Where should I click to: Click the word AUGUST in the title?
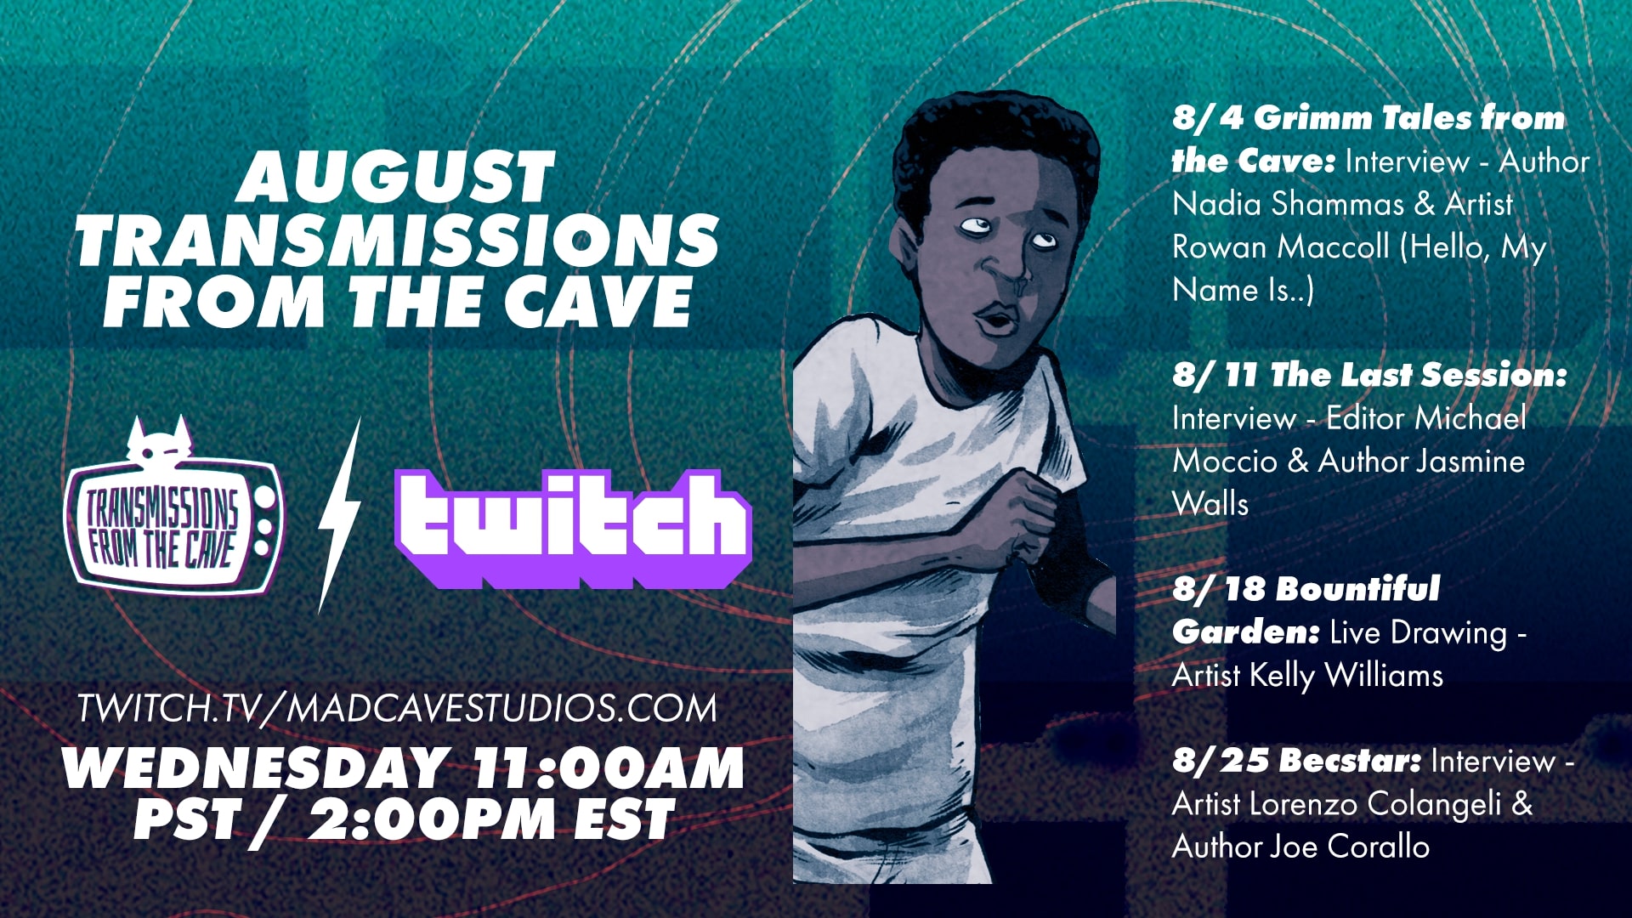click(396, 177)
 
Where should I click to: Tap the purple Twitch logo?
click(573, 529)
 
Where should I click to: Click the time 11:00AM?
click(609, 768)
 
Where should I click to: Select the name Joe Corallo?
click(1350, 847)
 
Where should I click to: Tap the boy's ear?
click(908, 242)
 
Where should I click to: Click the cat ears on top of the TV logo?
click(159, 433)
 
